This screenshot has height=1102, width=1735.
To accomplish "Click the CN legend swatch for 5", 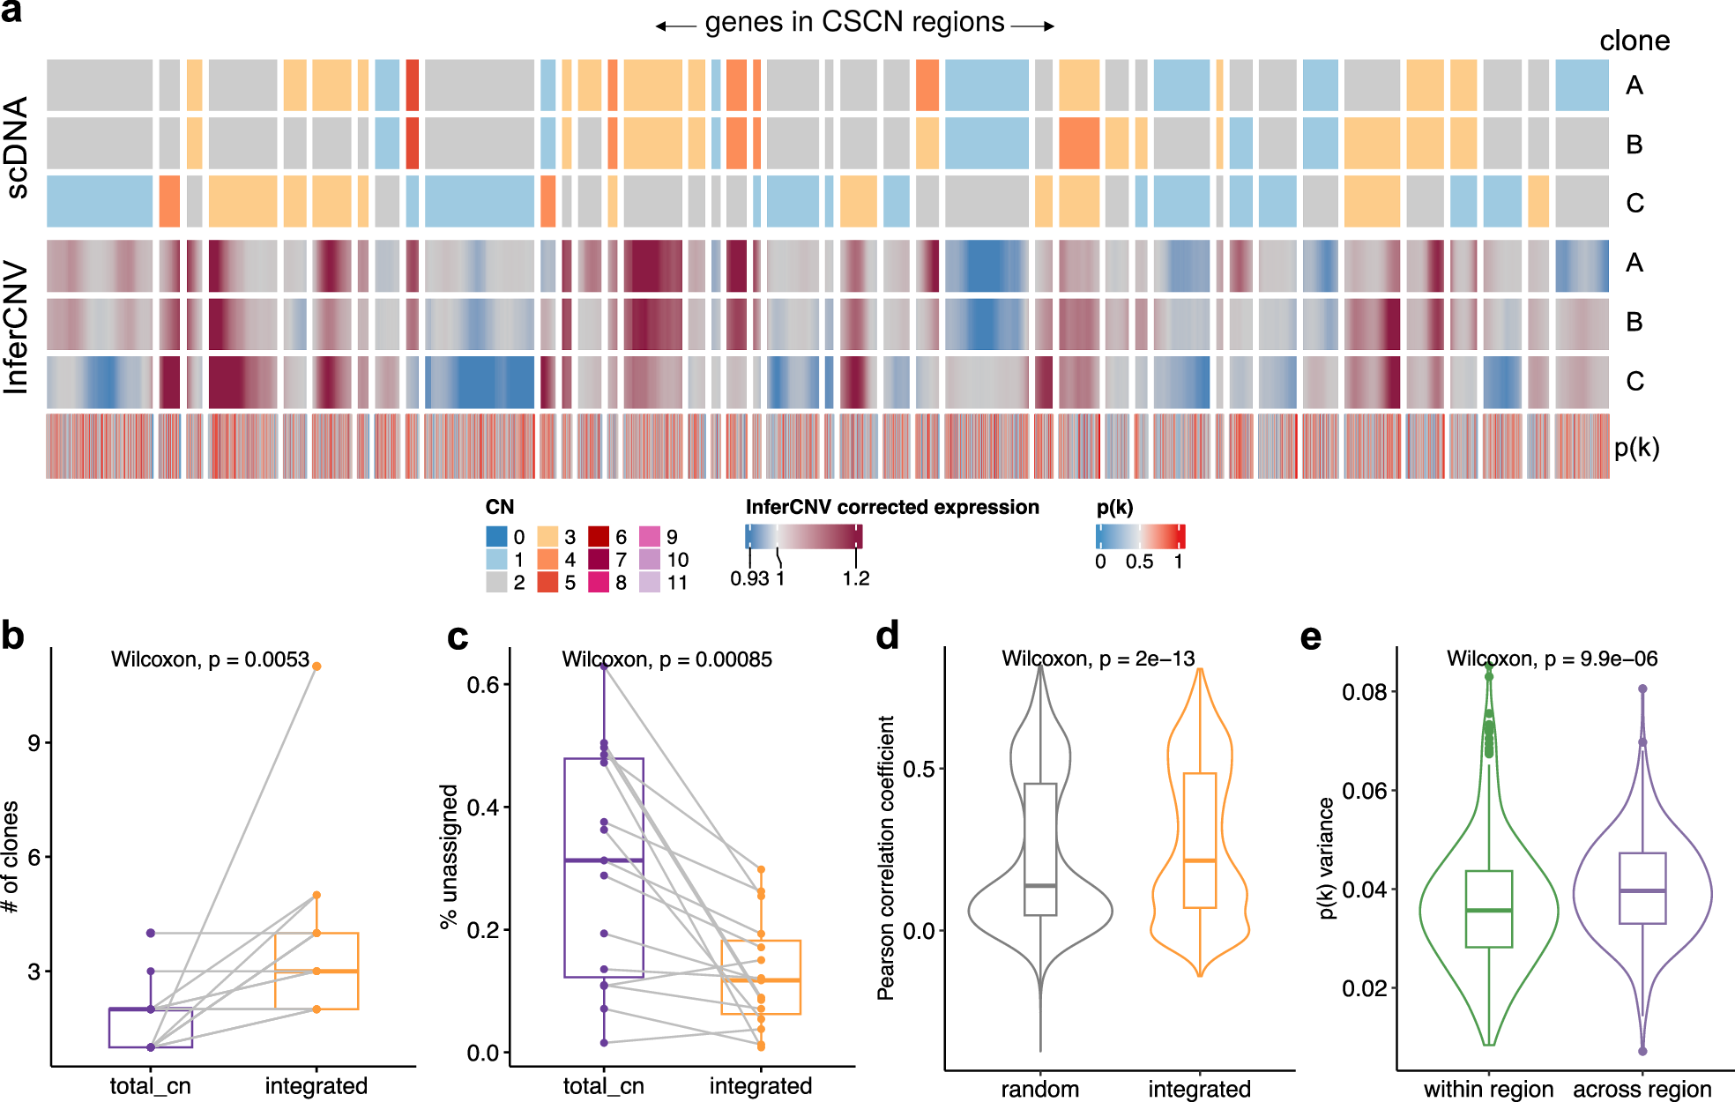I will click(x=547, y=583).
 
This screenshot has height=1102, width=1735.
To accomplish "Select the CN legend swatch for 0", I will click(x=496, y=536).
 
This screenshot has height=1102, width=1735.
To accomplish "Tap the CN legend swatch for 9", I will click(x=649, y=536).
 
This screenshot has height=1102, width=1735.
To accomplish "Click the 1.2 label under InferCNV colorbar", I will click(x=855, y=579).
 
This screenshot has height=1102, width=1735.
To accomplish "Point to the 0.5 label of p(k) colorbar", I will click(x=1139, y=562).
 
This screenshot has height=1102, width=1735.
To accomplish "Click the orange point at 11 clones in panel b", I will click(x=316, y=666).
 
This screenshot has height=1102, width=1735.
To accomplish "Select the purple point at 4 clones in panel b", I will click(x=151, y=933).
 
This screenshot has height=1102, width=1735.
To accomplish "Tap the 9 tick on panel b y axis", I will click(x=34, y=743).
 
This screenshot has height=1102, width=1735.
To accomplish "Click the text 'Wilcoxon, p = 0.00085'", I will click(x=666, y=659).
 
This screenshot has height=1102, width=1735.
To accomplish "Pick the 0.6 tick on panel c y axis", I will click(x=483, y=685).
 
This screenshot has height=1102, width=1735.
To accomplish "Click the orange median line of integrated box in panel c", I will click(x=761, y=980).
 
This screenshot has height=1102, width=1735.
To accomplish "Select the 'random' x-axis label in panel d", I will click(x=1039, y=1089).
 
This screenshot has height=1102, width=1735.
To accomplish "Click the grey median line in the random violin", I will click(x=1040, y=885).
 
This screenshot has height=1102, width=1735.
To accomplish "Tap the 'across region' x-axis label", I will click(x=1642, y=1089).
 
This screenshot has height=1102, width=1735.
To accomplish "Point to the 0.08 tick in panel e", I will click(x=1364, y=692).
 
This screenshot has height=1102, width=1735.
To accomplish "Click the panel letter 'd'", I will click(x=887, y=636).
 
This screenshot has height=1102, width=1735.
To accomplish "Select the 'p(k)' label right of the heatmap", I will click(x=1636, y=448).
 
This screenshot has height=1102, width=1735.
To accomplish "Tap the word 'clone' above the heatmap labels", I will click(x=1634, y=41).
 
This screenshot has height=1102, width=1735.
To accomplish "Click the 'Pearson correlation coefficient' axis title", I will click(x=885, y=857).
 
